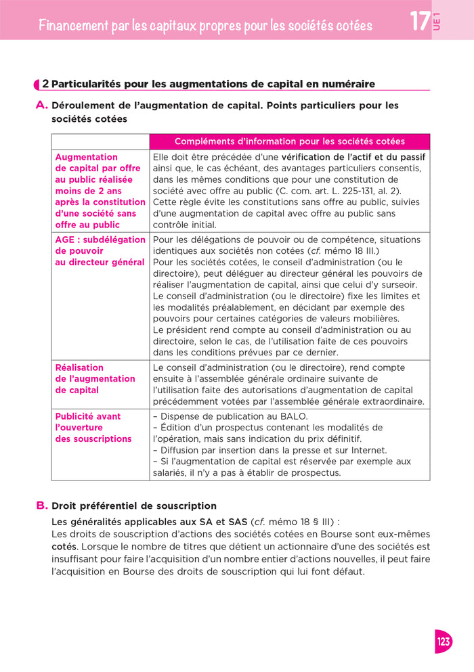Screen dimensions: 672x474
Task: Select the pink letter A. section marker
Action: (41, 106)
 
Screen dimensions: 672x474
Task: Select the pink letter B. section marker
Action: (41, 506)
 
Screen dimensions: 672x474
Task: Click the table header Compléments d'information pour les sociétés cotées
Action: (289, 141)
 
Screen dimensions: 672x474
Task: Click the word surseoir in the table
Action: (398, 285)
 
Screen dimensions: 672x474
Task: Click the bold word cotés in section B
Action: (64, 546)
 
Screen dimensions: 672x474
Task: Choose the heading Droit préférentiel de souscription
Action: (134, 506)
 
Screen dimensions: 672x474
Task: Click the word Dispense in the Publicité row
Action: (181, 416)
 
